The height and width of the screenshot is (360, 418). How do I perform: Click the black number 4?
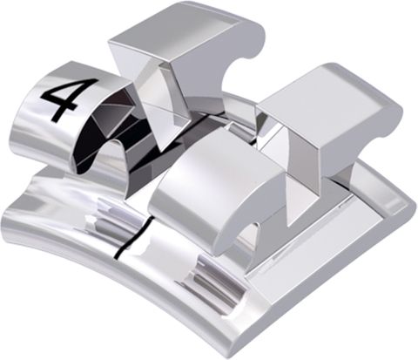pyautogui.click(x=59, y=98)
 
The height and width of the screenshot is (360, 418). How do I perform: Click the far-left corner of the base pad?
pyautogui.click(x=5, y=221)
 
